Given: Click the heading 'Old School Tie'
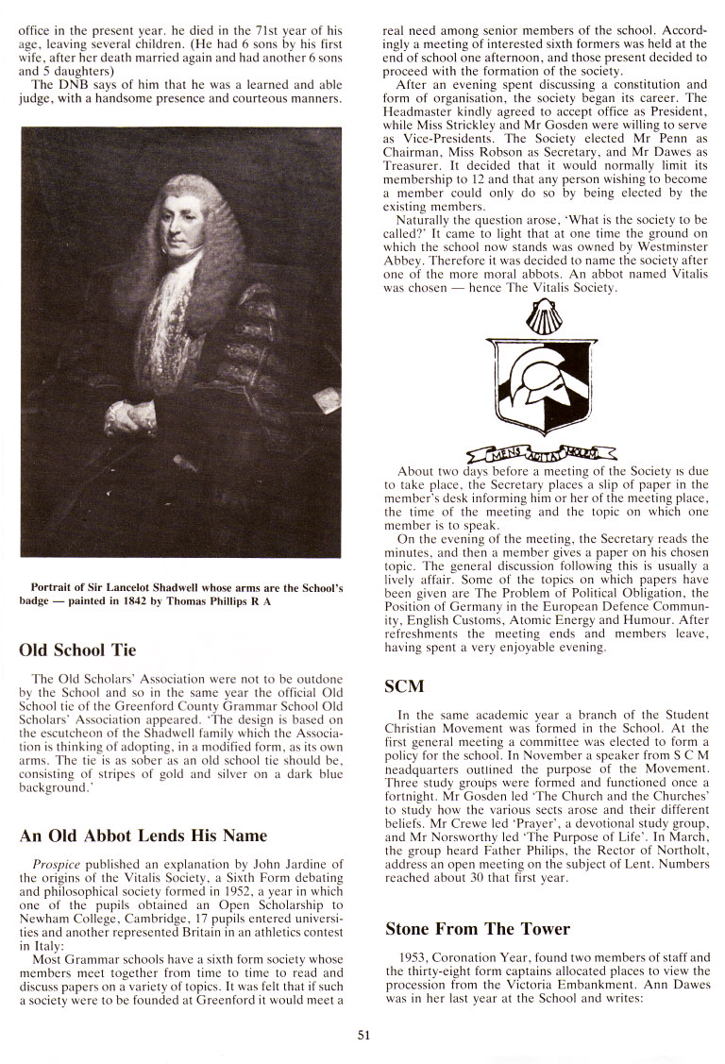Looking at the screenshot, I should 77,650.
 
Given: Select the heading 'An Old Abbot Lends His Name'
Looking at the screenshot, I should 143,835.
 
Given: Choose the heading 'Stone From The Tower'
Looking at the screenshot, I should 478,928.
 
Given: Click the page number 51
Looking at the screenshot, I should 363,1035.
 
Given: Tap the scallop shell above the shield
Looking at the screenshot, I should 541,318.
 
